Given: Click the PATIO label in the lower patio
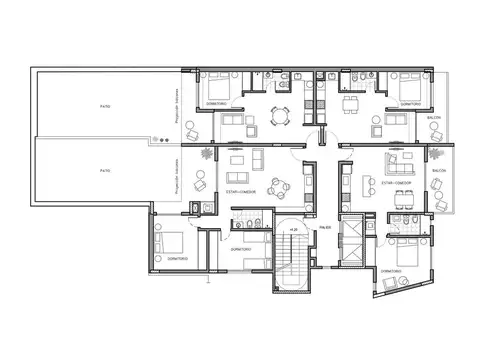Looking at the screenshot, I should pos(105,171).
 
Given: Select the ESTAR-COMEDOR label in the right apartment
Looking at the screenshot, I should pos(399,183).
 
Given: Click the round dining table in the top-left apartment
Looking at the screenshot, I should pos(280,116).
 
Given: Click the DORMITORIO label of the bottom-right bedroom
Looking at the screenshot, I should pos(392,270).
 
